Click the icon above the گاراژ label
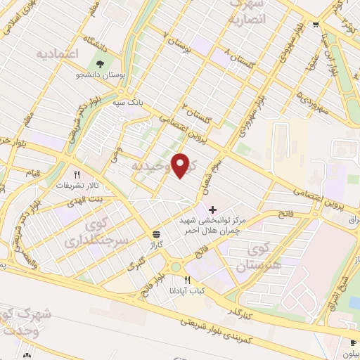pyautogui.click(x=155, y=234)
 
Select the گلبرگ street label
pyautogui.click(x=134, y=266)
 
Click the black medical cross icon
pyautogui.click(x=214, y=210)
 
